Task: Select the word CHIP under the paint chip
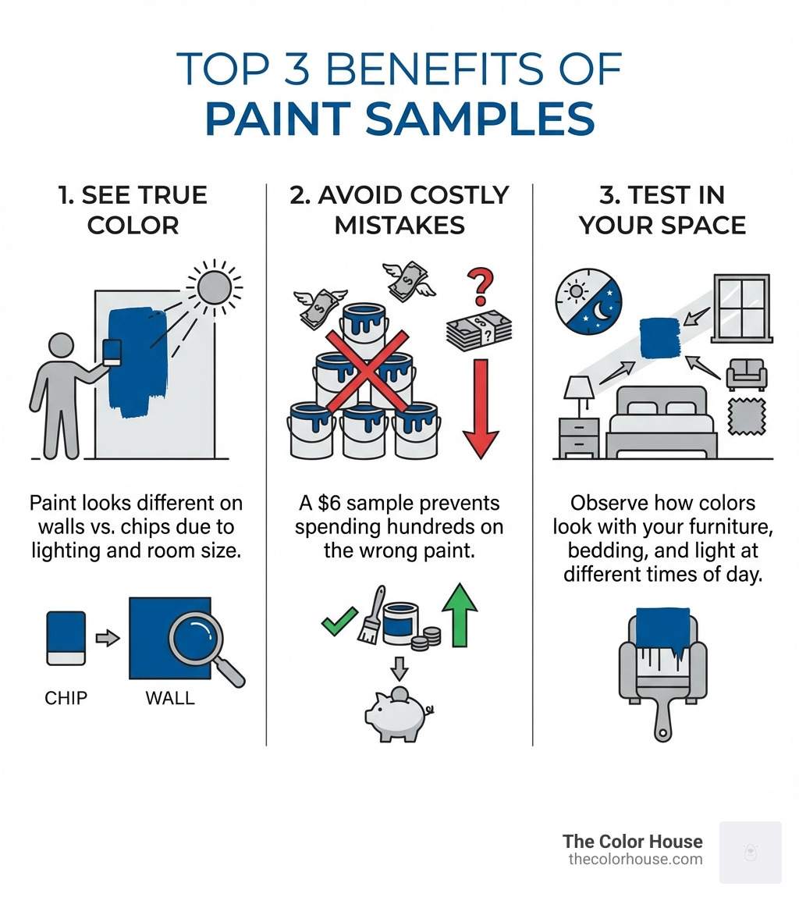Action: point(66,697)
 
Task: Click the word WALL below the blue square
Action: point(169,697)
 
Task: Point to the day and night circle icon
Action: point(588,306)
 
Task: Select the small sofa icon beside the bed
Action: point(746,375)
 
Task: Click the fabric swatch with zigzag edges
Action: point(746,420)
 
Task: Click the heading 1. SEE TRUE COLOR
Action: point(133,210)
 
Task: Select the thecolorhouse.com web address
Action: point(635,860)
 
